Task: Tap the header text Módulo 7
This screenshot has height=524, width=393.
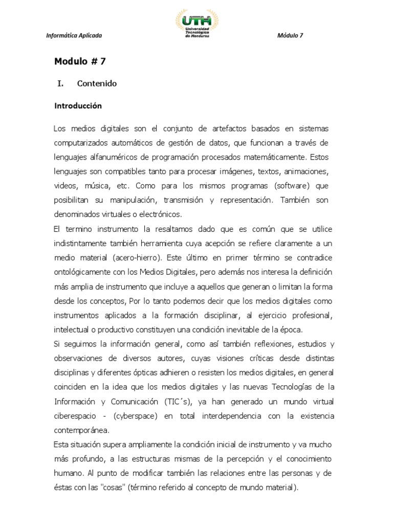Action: [x=291, y=35]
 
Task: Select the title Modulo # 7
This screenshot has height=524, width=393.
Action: [x=80, y=62]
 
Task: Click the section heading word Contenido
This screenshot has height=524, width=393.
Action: [x=97, y=83]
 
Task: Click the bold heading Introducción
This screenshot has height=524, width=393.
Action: [x=78, y=106]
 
